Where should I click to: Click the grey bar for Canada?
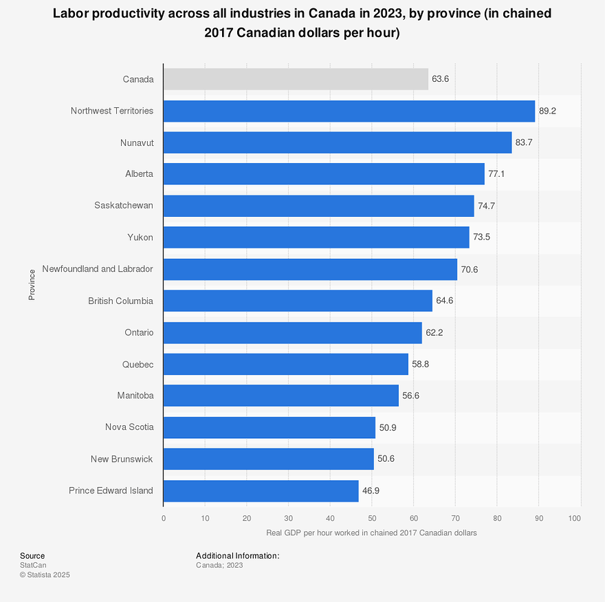[296, 79]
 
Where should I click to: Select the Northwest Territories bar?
[349, 111]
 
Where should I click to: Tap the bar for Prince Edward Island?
[261, 491]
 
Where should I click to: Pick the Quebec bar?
[286, 364]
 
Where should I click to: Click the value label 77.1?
[496, 174]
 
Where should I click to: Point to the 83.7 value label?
[524, 142]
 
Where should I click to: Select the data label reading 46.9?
[371, 491]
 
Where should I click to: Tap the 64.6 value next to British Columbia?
[445, 301]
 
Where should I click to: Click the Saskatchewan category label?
[124, 206]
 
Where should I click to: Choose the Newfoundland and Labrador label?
[98, 269]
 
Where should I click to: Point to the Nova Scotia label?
[130, 427]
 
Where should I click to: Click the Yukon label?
[140, 237]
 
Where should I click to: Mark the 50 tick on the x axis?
[372, 518]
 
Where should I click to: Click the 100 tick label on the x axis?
[575, 518]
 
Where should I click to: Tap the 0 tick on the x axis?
[164, 518]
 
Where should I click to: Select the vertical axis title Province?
[32, 285]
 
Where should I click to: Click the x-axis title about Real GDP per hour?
[371, 533]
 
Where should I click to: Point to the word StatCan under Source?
[33, 565]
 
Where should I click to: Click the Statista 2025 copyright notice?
[45, 575]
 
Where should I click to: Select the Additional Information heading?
[238, 556]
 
